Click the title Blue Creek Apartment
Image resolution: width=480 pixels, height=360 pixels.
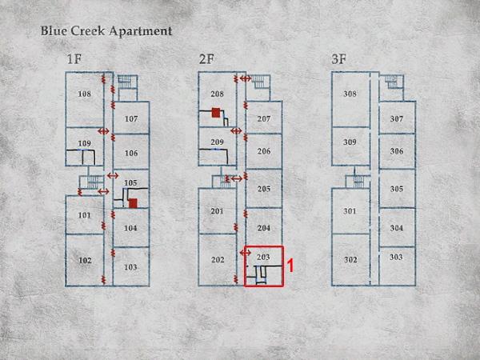pos(106,31)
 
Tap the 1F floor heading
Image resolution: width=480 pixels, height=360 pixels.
pos(74,58)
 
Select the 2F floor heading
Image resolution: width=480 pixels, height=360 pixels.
pos(206,58)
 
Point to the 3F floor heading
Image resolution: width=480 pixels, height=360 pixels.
pos(339,58)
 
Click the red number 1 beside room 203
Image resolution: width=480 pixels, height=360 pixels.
pos(290,266)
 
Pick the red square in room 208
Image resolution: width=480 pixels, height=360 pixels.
pos(216,112)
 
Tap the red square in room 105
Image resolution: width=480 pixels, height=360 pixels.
pos(133,203)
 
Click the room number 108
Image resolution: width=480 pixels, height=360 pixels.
pos(85,94)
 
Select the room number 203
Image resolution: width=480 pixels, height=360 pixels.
pos(263,257)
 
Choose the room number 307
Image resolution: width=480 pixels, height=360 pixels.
pos(397,118)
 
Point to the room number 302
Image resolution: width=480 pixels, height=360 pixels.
pos(350,260)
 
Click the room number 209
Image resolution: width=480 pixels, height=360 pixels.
pos(217,142)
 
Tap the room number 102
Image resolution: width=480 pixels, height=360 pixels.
pos(85,261)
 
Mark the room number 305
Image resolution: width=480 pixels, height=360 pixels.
pos(397,189)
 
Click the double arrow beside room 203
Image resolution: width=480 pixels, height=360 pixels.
pos(246,253)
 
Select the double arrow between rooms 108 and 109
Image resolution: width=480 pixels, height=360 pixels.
pos(103,131)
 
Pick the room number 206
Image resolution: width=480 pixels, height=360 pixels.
pos(264,151)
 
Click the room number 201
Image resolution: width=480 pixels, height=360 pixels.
pos(217,211)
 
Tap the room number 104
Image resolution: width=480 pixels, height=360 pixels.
pos(130,228)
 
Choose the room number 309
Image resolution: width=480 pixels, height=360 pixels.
pos(350,142)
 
